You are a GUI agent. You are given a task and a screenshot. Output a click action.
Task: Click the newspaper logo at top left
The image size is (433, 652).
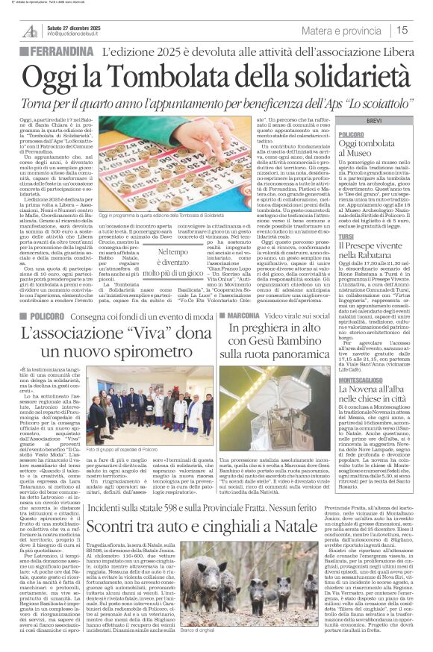coord(30,31)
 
